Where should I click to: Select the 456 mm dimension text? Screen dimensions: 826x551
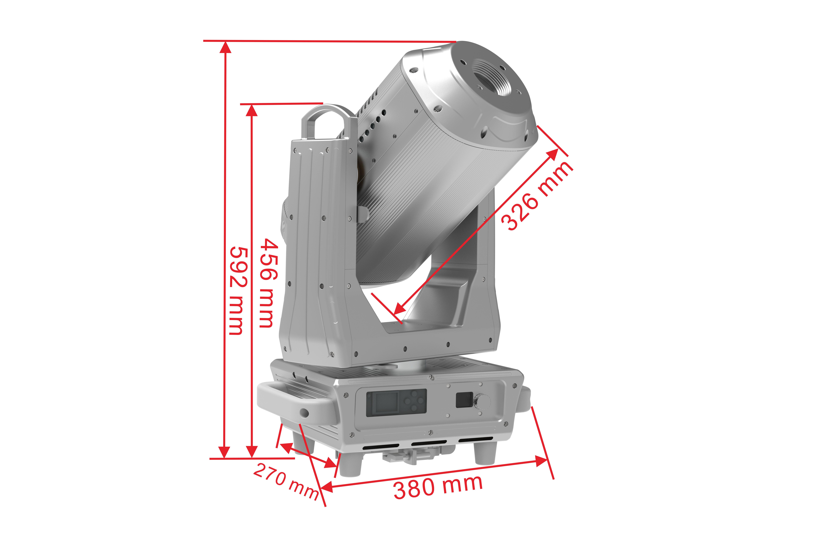(269, 283)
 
